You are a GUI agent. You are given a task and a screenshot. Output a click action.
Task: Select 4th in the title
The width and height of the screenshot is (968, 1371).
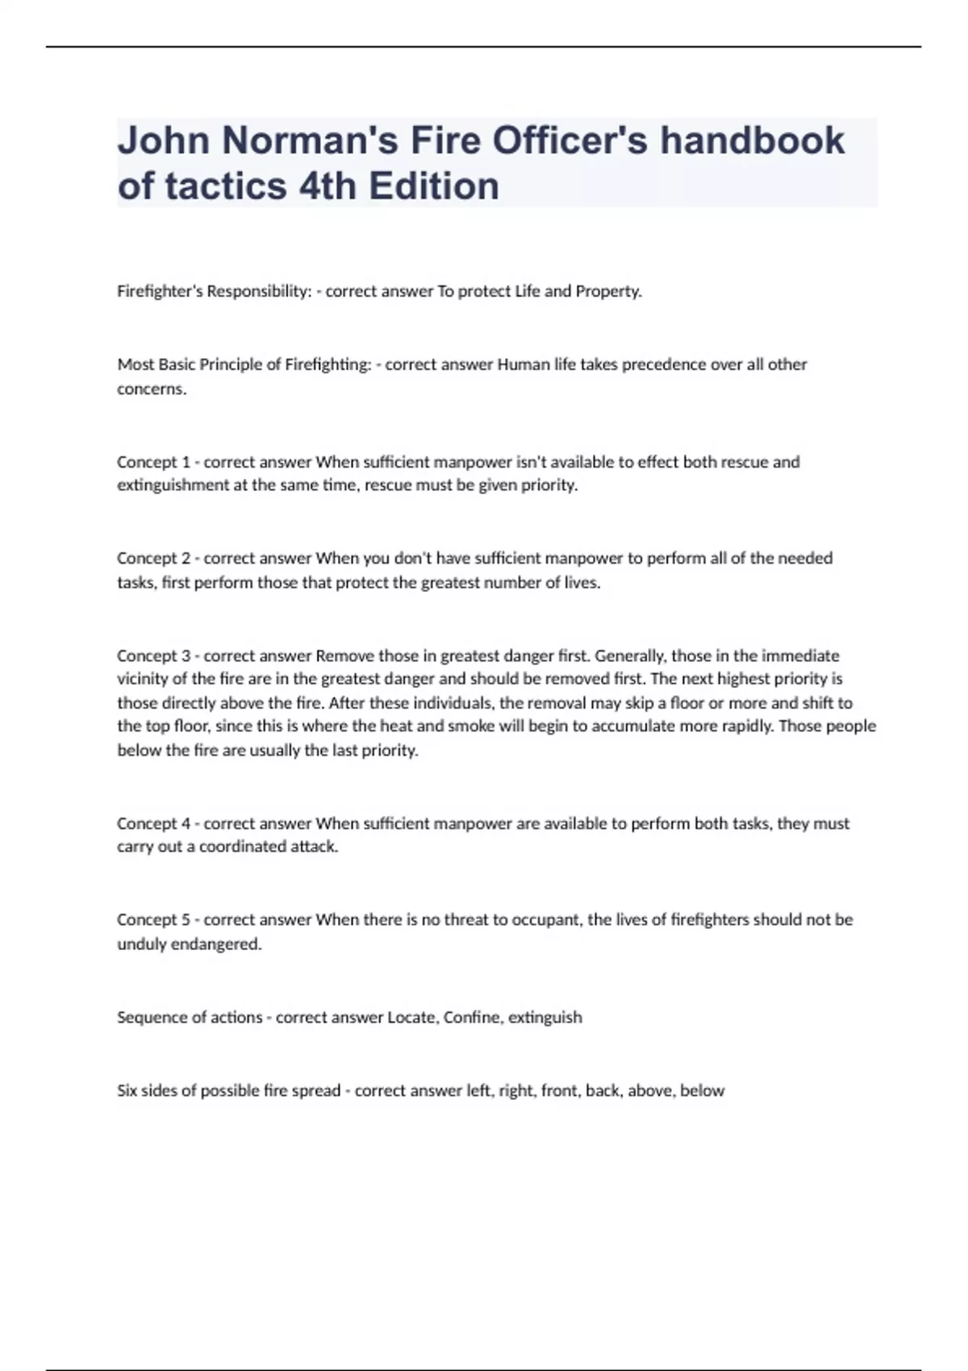tap(328, 186)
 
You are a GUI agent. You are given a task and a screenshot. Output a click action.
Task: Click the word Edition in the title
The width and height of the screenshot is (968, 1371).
tap(434, 186)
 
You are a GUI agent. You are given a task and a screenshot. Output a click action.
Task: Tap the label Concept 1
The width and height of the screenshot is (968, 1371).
tap(153, 462)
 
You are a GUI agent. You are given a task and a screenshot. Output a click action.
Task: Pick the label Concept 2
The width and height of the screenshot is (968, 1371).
tap(153, 558)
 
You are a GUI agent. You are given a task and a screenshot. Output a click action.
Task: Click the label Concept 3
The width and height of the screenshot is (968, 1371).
tap(153, 656)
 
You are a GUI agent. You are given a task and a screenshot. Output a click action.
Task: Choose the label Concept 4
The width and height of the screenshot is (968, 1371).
tap(153, 823)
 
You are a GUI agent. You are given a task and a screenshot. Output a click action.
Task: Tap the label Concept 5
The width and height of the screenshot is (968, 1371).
tap(153, 919)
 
